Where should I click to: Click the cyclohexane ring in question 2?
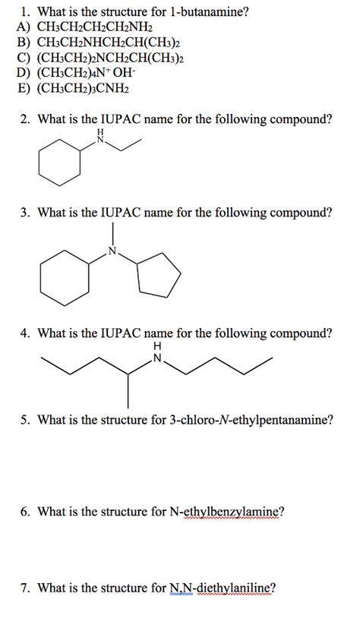[x=58, y=163]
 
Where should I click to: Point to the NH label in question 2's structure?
[x=98, y=138]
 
